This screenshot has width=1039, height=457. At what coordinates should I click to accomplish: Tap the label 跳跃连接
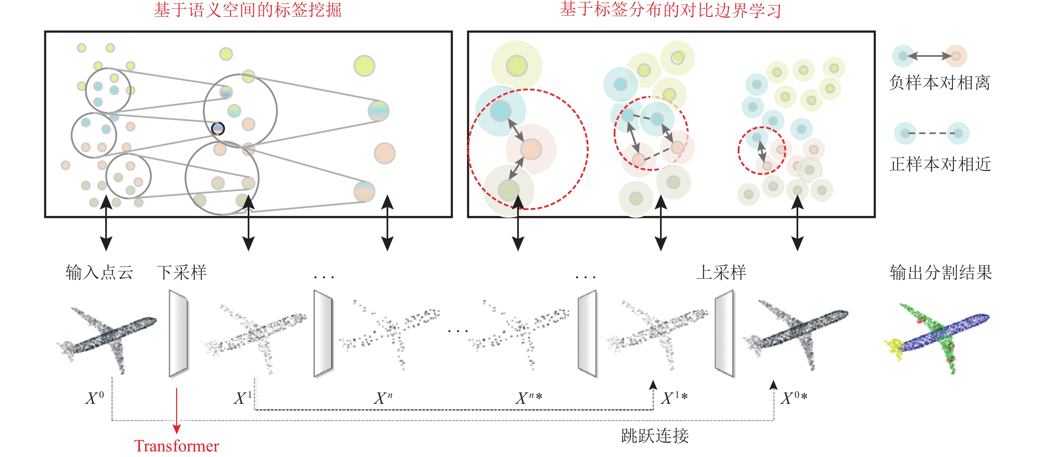click(655, 436)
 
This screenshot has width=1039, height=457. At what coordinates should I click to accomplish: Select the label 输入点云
click(99, 272)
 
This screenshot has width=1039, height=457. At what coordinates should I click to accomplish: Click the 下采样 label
click(182, 272)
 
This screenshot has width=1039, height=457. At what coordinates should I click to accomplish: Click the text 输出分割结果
click(941, 272)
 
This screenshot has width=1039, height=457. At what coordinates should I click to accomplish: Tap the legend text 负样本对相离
click(939, 83)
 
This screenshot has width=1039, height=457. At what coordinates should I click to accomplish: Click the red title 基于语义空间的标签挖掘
click(247, 10)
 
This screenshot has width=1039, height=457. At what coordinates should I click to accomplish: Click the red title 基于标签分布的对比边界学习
click(670, 10)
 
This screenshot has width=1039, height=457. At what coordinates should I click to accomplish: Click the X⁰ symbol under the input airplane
click(95, 398)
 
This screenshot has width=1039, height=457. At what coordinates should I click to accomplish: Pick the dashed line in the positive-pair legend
click(932, 133)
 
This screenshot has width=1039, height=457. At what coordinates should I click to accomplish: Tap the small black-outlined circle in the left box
click(218, 128)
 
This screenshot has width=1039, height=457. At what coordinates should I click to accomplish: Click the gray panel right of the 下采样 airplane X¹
click(323, 333)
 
